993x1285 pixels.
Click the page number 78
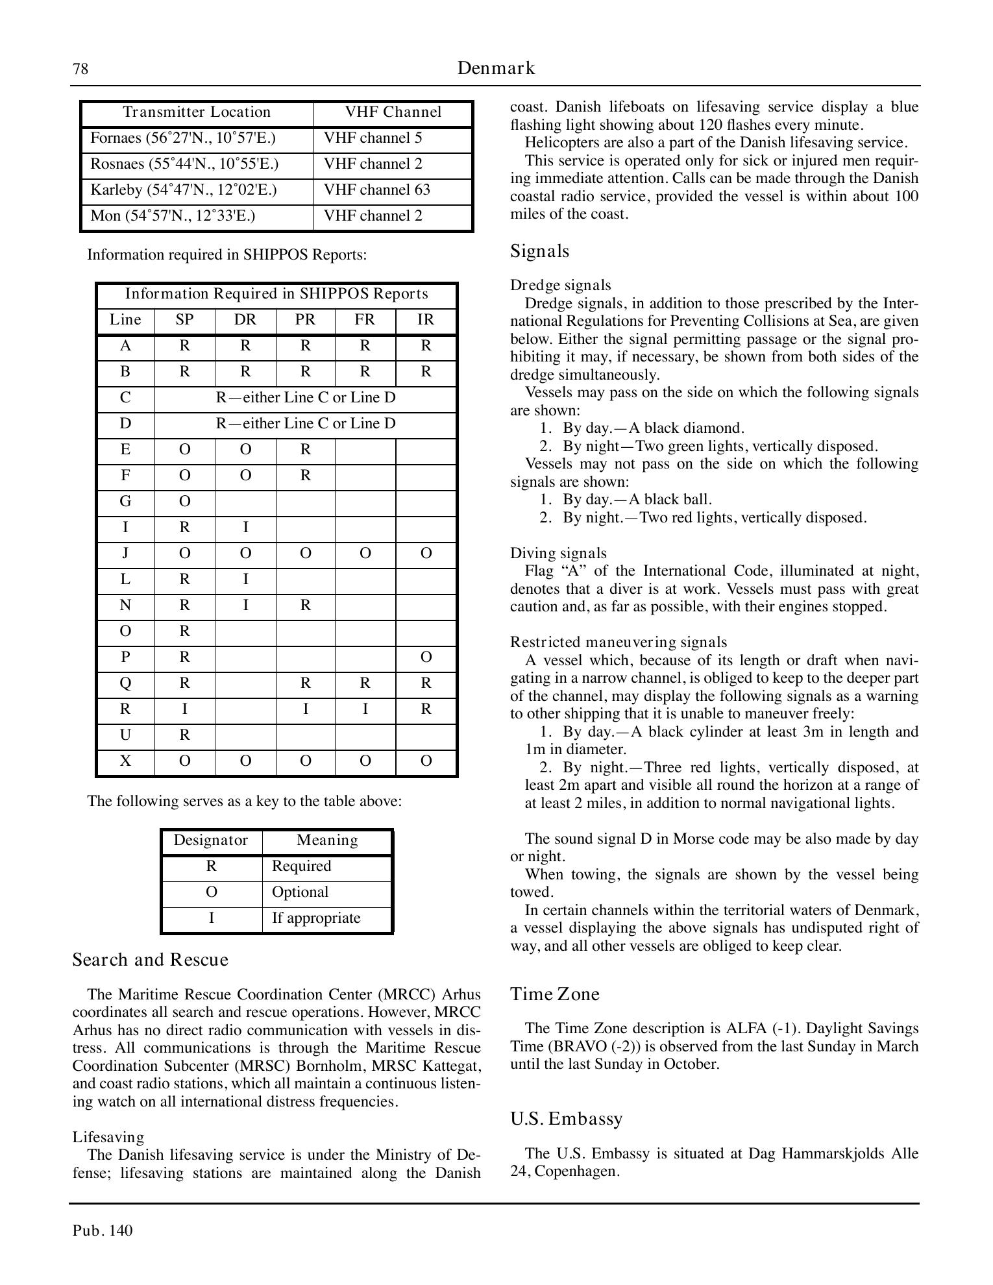point(80,69)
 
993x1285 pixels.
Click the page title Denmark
point(496,68)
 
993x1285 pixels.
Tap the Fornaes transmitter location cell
point(197,138)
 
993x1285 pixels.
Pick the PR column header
point(305,320)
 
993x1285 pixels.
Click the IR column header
point(426,320)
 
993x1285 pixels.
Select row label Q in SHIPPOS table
point(126,683)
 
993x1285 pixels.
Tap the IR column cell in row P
point(426,657)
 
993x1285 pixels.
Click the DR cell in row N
point(245,606)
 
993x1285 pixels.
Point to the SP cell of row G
point(185,502)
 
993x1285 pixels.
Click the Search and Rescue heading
point(150,960)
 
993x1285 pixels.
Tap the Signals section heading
point(539,251)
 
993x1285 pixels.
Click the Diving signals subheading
point(558,553)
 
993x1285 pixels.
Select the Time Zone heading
point(554,994)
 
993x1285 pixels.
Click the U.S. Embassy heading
point(566,1119)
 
